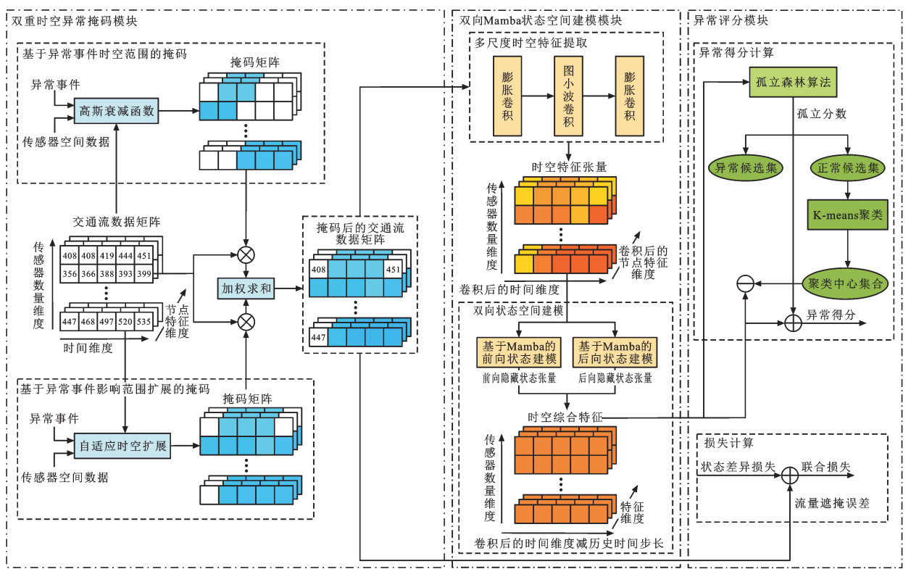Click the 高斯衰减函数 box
(117, 111)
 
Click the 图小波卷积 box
(569, 96)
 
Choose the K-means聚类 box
(847, 214)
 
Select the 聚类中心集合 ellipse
(847, 284)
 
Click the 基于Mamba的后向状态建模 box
(615, 352)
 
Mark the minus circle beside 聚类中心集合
(745, 284)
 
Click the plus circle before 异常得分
(793, 319)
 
